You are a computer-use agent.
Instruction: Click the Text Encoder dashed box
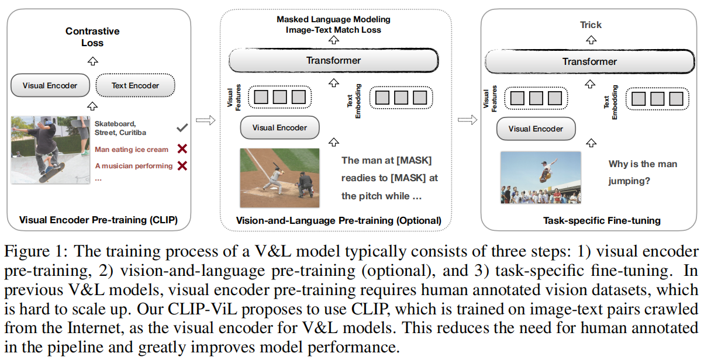135,85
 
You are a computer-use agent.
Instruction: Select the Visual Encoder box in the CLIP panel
50,85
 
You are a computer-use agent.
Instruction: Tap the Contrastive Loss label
92,37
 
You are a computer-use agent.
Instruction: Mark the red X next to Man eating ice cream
182,149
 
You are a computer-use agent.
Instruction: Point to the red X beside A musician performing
182,165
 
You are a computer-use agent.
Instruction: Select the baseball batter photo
279,178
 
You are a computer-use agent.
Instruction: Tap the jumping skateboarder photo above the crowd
540,177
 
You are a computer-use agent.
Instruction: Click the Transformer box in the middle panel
333,61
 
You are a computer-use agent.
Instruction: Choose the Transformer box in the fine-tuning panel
589,61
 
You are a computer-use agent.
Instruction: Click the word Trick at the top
591,25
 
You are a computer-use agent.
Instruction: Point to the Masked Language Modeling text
333,19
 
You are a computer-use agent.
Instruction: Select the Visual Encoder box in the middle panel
280,127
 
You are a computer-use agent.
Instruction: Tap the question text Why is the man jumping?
643,172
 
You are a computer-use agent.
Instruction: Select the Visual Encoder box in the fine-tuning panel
536,129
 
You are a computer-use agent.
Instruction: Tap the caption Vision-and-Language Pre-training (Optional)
339,220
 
